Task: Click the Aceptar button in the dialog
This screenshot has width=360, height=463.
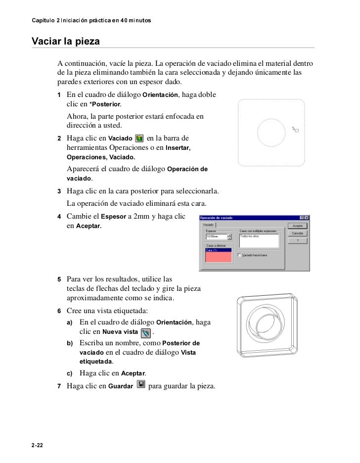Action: pos(298,225)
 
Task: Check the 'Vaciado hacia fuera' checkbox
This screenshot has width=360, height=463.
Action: pos(240,255)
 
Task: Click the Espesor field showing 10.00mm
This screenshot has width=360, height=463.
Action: pos(216,236)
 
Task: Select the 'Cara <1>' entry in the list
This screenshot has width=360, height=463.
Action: pos(218,251)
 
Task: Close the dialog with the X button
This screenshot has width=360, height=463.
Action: pos(307,218)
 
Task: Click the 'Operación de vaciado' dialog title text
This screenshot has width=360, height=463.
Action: pos(216,218)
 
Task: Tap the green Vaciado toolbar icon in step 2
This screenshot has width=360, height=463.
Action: pos(139,139)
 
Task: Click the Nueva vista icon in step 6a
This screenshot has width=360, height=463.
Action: pos(145,331)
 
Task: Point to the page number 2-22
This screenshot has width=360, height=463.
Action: pos(37,446)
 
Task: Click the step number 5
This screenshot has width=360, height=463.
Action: pos(59,279)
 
